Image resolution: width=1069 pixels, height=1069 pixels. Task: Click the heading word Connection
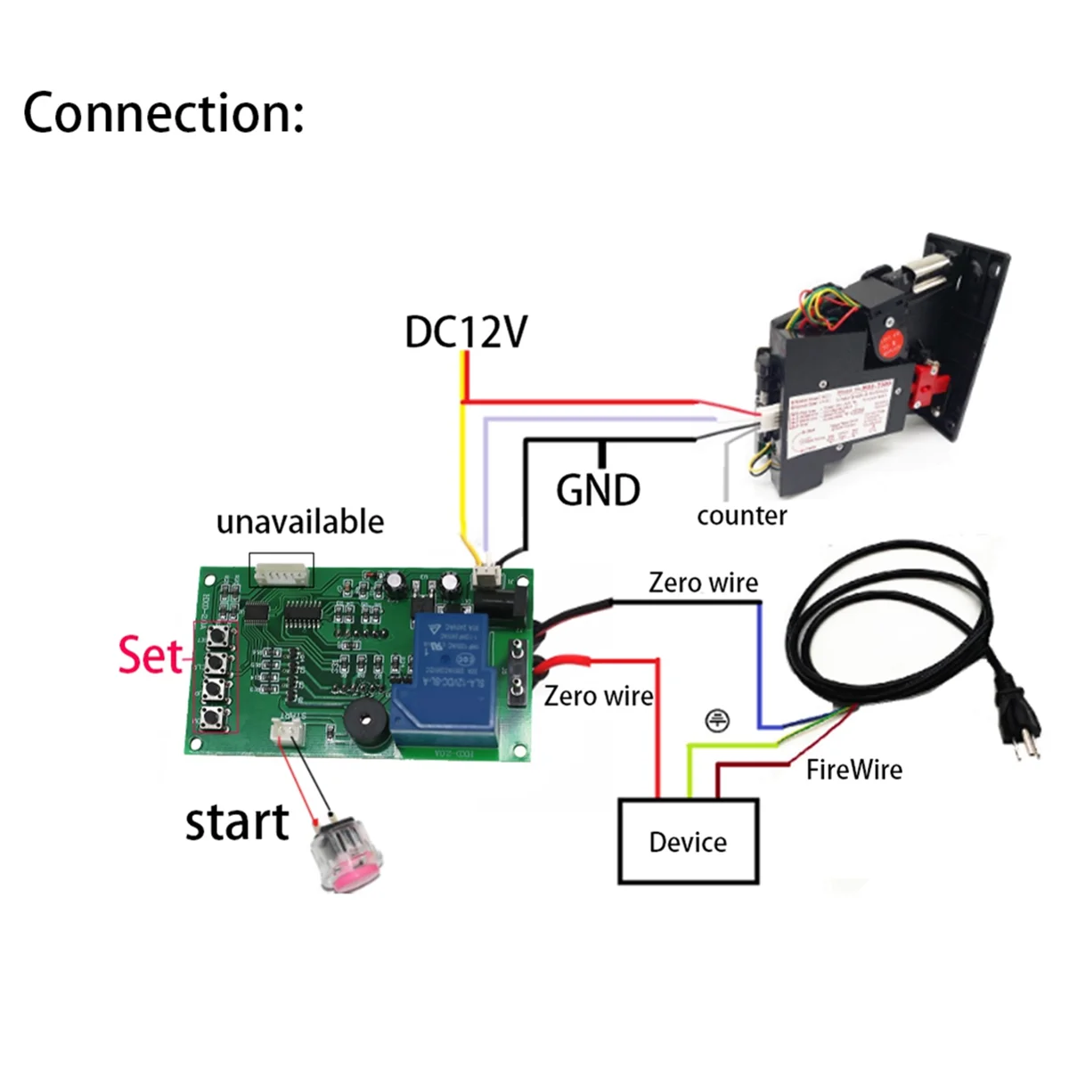(163, 114)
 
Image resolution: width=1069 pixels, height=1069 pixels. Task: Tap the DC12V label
(465, 331)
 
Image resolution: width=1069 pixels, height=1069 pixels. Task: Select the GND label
(598, 490)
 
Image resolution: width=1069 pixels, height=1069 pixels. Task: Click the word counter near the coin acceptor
(741, 516)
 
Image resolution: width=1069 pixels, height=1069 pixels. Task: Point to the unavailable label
(300, 522)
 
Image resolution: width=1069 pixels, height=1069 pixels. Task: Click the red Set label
(150, 655)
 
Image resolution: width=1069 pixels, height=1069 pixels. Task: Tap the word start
(237, 822)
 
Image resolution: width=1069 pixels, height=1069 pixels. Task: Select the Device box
(688, 842)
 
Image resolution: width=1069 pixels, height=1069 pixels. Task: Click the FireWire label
(853, 770)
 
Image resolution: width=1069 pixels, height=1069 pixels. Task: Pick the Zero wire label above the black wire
(703, 583)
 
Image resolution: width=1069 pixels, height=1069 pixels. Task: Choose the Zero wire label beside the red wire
(599, 696)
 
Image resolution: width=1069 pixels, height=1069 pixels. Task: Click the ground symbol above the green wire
(717, 720)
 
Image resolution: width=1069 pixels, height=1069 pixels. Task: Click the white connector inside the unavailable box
(282, 571)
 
